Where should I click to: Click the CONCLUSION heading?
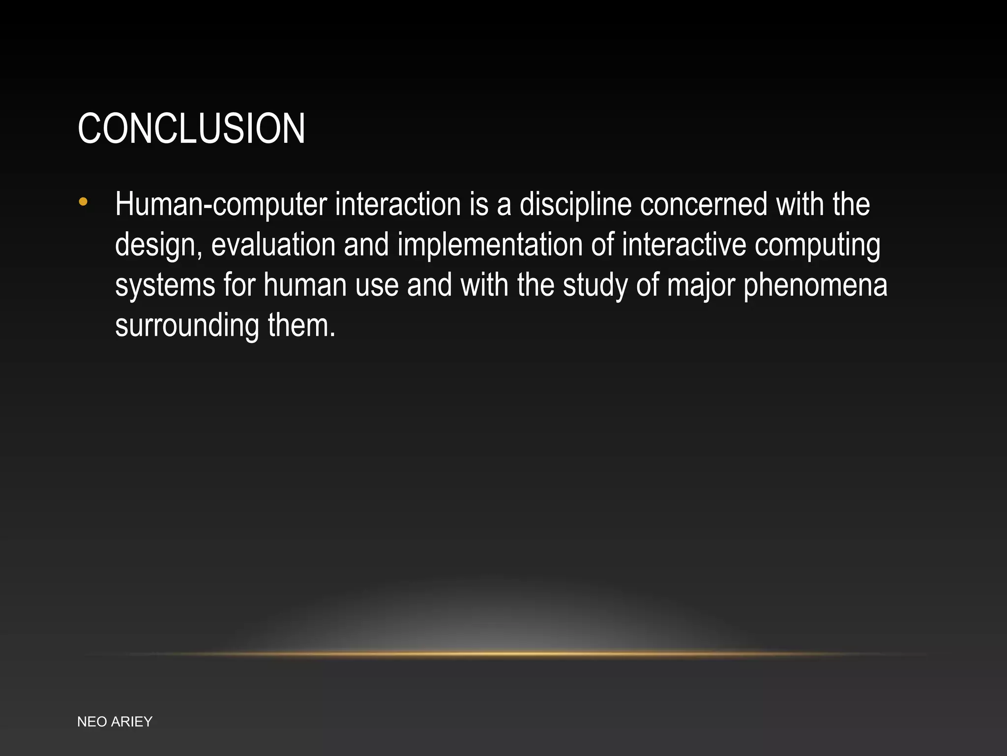[x=191, y=128]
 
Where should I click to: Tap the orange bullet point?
[x=83, y=201]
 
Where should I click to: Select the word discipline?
[x=575, y=204]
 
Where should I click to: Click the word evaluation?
[x=273, y=245]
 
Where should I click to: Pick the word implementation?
[x=490, y=245]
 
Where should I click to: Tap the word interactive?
[x=684, y=245]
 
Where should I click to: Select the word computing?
[x=817, y=245]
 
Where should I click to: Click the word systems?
[x=165, y=285]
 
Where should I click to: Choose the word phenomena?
[x=815, y=285]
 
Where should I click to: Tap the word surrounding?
[x=187, y=326]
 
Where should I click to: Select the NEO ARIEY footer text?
[x=115, y=722]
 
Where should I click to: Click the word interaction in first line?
[x=398, y=204]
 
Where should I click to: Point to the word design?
[x=158, y=245]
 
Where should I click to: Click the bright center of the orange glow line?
[x=503, y=654]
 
